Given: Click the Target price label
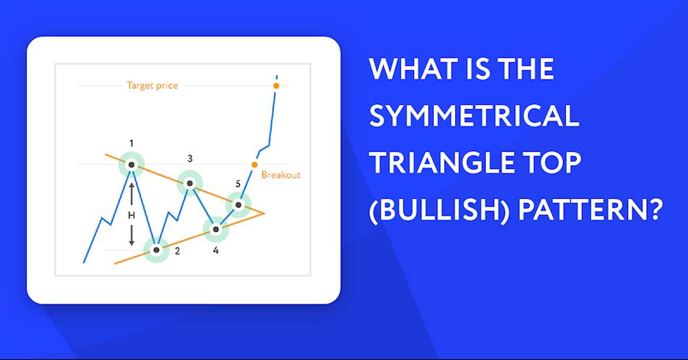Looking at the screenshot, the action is pyautogui.click(x=152, y=85).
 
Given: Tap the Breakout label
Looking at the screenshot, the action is pyautogui.click(x=281, y=175).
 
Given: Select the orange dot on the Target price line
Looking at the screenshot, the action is pyautogui.click(x=276, y=85).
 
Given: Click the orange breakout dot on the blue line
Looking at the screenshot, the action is pyautogui.click(x=254, y=165).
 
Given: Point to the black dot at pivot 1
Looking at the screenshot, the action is pyautogui.click(x=132, y=165).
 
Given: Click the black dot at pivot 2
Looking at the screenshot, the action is pyautogui.click(x=157, y=250).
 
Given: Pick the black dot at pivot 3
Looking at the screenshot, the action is pyautogui.click(x=189, y=183).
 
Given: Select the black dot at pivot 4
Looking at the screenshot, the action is pyautogui.click(x=215, y=229).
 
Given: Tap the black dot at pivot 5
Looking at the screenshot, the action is pyautogui.click(x=238, y=205).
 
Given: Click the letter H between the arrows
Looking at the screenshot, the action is pyautogui.click(x=132, y=215).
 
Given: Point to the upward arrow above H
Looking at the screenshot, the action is pyautogui.click(x=132, y=194).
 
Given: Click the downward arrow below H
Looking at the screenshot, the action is pyautogui.click(x=132, y=235).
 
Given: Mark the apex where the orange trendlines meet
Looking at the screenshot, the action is pyautogui.click(x=265, y=213).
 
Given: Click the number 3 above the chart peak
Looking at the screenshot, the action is pyautogui.click(x=189, y=158).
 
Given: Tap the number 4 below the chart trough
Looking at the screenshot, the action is pyautogui.click(x=215, y=250).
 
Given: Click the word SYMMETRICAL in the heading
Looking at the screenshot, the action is pyautogui.click(x=474, y=116).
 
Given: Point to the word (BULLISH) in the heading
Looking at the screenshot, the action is pyautogui.click(x=439, y=210).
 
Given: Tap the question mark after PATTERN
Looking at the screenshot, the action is pyautogui.click(x=653, y=209).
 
